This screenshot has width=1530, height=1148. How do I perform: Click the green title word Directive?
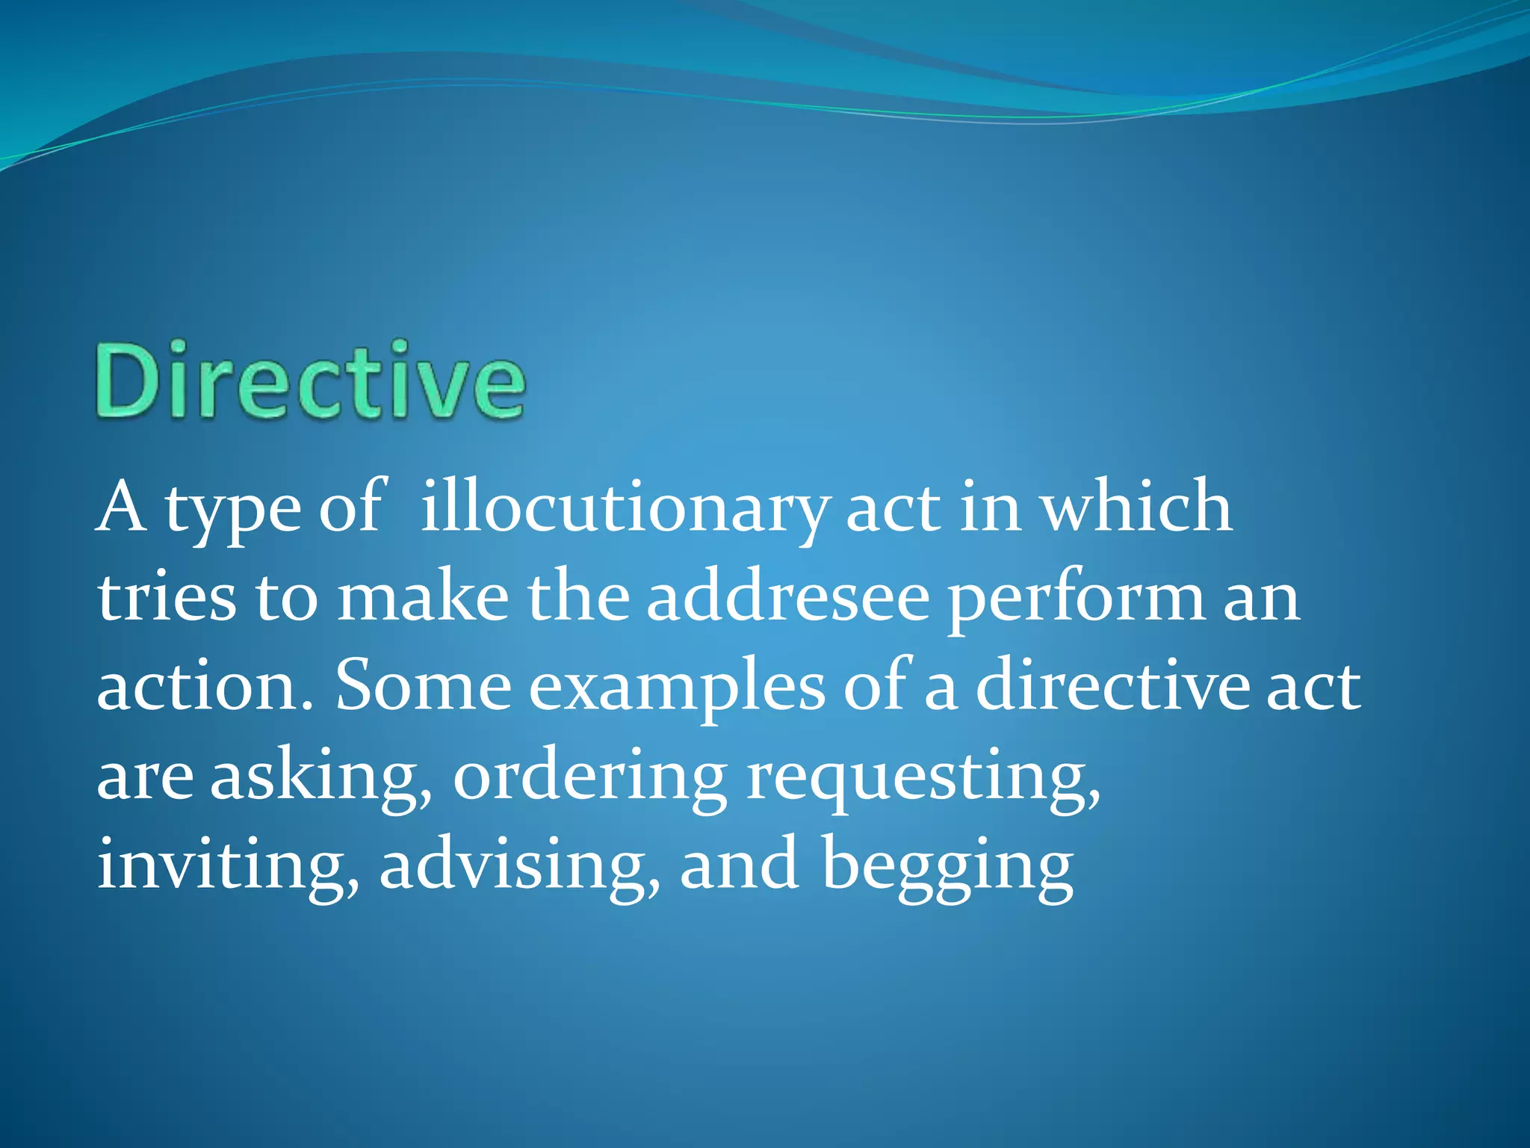click(310, 381)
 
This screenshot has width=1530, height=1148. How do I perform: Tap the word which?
click(1136, 508)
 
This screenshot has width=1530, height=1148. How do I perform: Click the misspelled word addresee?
click(788, 598)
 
